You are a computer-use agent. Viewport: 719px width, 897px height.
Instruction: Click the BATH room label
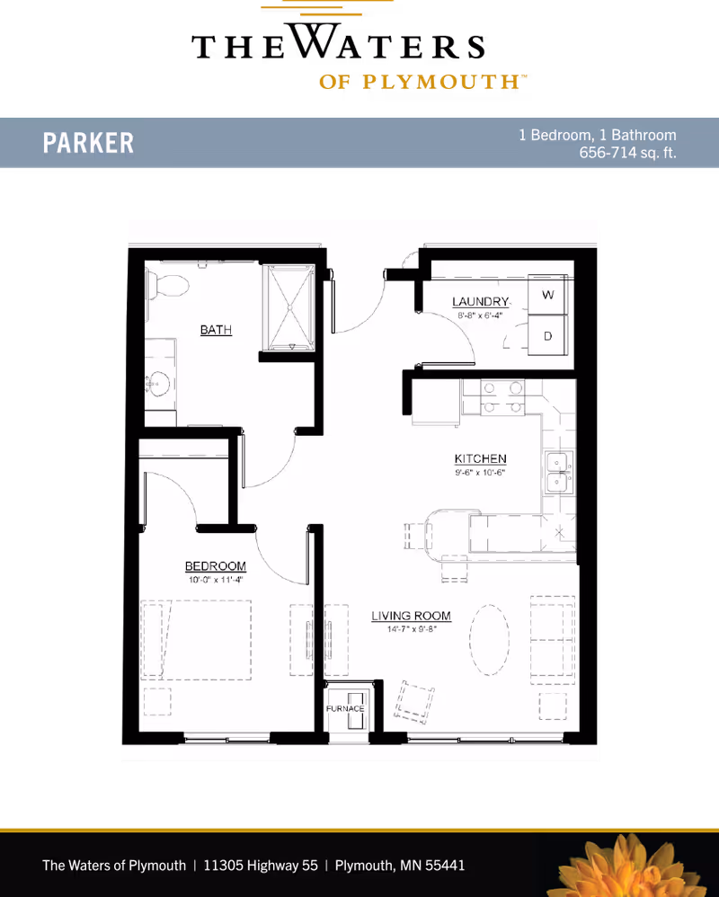pyautogui.click(x=216, y=330)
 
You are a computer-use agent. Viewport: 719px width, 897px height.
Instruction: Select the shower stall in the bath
pyautogui.click(x=290, y=307)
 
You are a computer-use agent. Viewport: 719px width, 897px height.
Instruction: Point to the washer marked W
pyautogui.click(x=547, y=294)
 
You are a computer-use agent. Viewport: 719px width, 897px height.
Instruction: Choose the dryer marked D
pyautogui.click(x=547, y=336)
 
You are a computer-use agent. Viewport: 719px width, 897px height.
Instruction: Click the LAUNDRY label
pyautogui.click(x=480, y=301)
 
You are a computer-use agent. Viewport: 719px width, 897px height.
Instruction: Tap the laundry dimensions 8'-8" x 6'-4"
pyautogui.click(x=479, y=315)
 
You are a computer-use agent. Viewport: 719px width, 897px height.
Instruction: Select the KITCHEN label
pyautogui.click(x=481, y=458)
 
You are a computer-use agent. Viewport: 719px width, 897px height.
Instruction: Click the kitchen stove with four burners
pyautogui.click(x=502, y=397)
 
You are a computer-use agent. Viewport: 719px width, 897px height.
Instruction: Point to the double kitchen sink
pyautogui.click(x=558, y=473)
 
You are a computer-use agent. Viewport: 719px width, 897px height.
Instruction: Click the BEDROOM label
pyautogui.click(x=216, y=565)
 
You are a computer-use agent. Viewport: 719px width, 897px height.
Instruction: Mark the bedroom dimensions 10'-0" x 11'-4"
pyautogui.click(x=216, y=580)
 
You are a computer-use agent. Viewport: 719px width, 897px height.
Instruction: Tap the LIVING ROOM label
pyautogui.click(x=412, y=616)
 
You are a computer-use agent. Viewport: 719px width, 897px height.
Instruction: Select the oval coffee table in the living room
pyautogui.click(x=490, y=640)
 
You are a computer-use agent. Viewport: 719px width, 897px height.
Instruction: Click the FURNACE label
pyautogui.click(x=345, y=708)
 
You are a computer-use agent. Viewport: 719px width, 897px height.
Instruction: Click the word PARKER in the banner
pyautogui.click(x=88, y=142)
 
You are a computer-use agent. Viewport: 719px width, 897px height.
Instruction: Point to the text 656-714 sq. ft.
pyautogui.click(x=627, y=153)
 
